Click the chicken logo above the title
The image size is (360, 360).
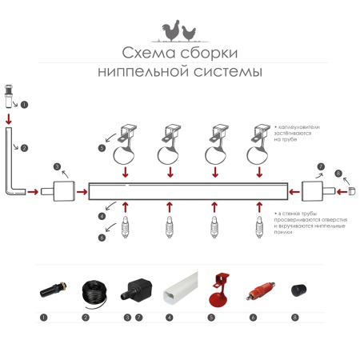pos(180,31)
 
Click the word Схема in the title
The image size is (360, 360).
pos(144,54)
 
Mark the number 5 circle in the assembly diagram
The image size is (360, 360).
pos(102,148)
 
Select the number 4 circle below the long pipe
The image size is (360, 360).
pos(102,216)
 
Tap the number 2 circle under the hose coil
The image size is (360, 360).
pos(85,318)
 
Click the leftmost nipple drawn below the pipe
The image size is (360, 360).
pos(125,232)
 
